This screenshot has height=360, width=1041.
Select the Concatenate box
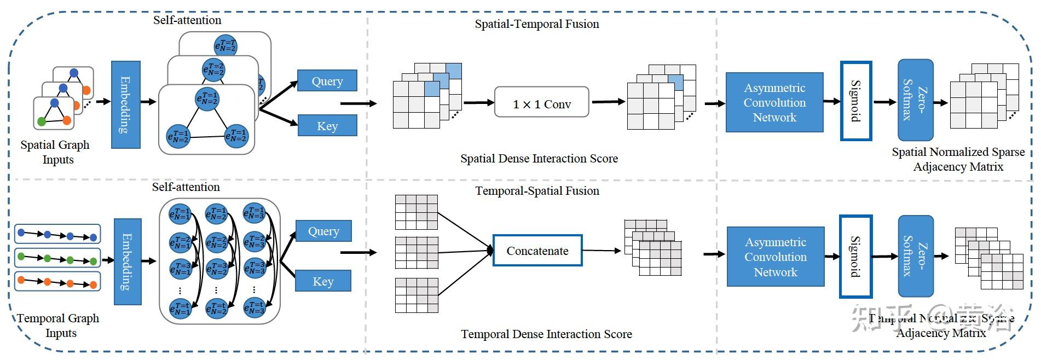tap(537, 251)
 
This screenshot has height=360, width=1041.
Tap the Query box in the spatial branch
tap(327, 81)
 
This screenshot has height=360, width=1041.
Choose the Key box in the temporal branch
tap(323, 281)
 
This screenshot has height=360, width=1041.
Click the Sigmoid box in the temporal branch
tap(855, 257)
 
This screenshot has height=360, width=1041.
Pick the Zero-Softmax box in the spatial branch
tap(915, 100)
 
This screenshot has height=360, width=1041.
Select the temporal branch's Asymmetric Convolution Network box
tap(775, 257)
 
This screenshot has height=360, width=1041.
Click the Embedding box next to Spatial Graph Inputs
tap(126, 104)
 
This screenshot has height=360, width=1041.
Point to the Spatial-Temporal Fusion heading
tap(536, 24)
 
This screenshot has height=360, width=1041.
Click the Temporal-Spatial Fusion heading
tap(537, 191)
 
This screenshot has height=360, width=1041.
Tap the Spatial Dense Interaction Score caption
tap(539, 159)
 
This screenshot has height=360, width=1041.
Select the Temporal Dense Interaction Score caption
tap(546, 334)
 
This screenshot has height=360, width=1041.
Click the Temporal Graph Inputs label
tap(58, 326)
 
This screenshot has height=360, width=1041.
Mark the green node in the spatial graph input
tap(42, 121)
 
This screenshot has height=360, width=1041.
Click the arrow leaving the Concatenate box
tap(601, 251)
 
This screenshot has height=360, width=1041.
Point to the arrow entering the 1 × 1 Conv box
tap(478, 102)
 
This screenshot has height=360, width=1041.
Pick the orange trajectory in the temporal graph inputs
tap(57, 282)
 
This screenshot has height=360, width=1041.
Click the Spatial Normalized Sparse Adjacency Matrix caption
tap(958, 159)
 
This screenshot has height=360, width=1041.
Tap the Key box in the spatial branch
tap(327, 126)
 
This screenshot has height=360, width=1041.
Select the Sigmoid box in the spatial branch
tap(855, 101)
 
